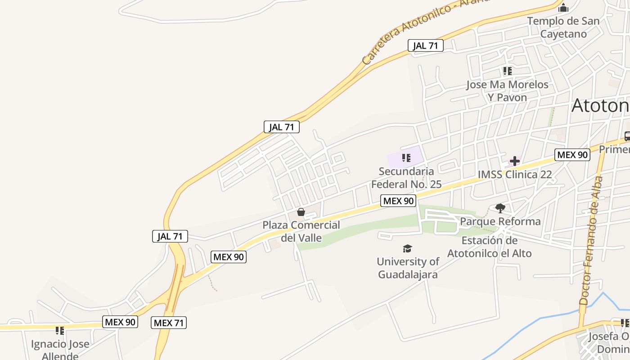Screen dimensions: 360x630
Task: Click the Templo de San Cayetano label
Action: (x=563, y=27)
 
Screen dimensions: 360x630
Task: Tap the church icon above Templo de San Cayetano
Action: (x=563, y=8)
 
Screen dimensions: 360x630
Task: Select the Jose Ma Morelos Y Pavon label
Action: (x=507, y=90)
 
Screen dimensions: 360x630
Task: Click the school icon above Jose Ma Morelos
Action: (x=507, y=71)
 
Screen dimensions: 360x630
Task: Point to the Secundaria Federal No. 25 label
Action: (x=406, y=178)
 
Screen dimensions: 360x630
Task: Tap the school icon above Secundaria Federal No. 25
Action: (x=406, y=157)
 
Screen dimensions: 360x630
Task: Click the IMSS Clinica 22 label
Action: (x=515, y=175)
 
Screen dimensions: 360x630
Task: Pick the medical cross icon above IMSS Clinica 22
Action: (x=515, y=161)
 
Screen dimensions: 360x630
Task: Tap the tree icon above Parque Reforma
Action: (x=500, y=208)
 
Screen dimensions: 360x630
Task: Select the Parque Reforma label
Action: (x=500, y=221)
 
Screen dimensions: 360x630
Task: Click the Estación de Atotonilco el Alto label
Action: (x=489, y=247)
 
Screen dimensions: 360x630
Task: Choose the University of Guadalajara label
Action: (x=408, y=268)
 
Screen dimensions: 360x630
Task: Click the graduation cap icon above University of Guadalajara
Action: (x=407, y=248)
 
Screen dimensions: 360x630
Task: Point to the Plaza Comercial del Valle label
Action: (x=301, y=231)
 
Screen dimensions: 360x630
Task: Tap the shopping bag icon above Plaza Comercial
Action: (x=301, y=212)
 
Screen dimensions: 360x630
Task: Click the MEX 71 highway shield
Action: (x=168, y=323)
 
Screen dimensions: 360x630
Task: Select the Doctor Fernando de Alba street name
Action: (x=591, y=241)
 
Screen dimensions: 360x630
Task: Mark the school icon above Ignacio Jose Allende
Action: (x=60, y=331)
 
